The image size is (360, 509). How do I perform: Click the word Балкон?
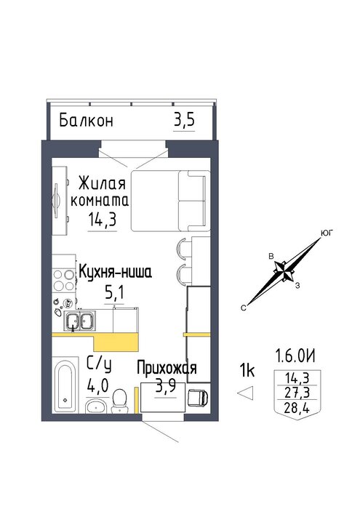87,121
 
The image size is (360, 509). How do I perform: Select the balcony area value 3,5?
185,120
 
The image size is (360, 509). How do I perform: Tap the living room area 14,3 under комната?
102,220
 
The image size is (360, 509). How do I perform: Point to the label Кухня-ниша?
115,272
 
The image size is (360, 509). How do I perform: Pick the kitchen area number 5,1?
114,293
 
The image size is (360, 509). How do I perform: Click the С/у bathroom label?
100,366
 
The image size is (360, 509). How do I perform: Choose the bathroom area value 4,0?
97,387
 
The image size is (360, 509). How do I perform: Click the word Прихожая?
167,368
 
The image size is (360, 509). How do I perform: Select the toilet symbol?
120,401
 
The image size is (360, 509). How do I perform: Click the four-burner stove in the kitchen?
63,281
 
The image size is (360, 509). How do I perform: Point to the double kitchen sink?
79,320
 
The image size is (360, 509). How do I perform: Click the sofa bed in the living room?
170,201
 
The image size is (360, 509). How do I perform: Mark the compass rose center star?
284,270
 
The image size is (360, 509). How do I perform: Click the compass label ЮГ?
327,233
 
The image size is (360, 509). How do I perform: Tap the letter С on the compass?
244,308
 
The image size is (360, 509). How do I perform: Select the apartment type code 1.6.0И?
295,356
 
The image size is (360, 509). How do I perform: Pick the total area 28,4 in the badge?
297,408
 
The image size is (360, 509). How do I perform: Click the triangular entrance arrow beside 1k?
246,393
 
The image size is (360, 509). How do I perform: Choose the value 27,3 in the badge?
297,393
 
